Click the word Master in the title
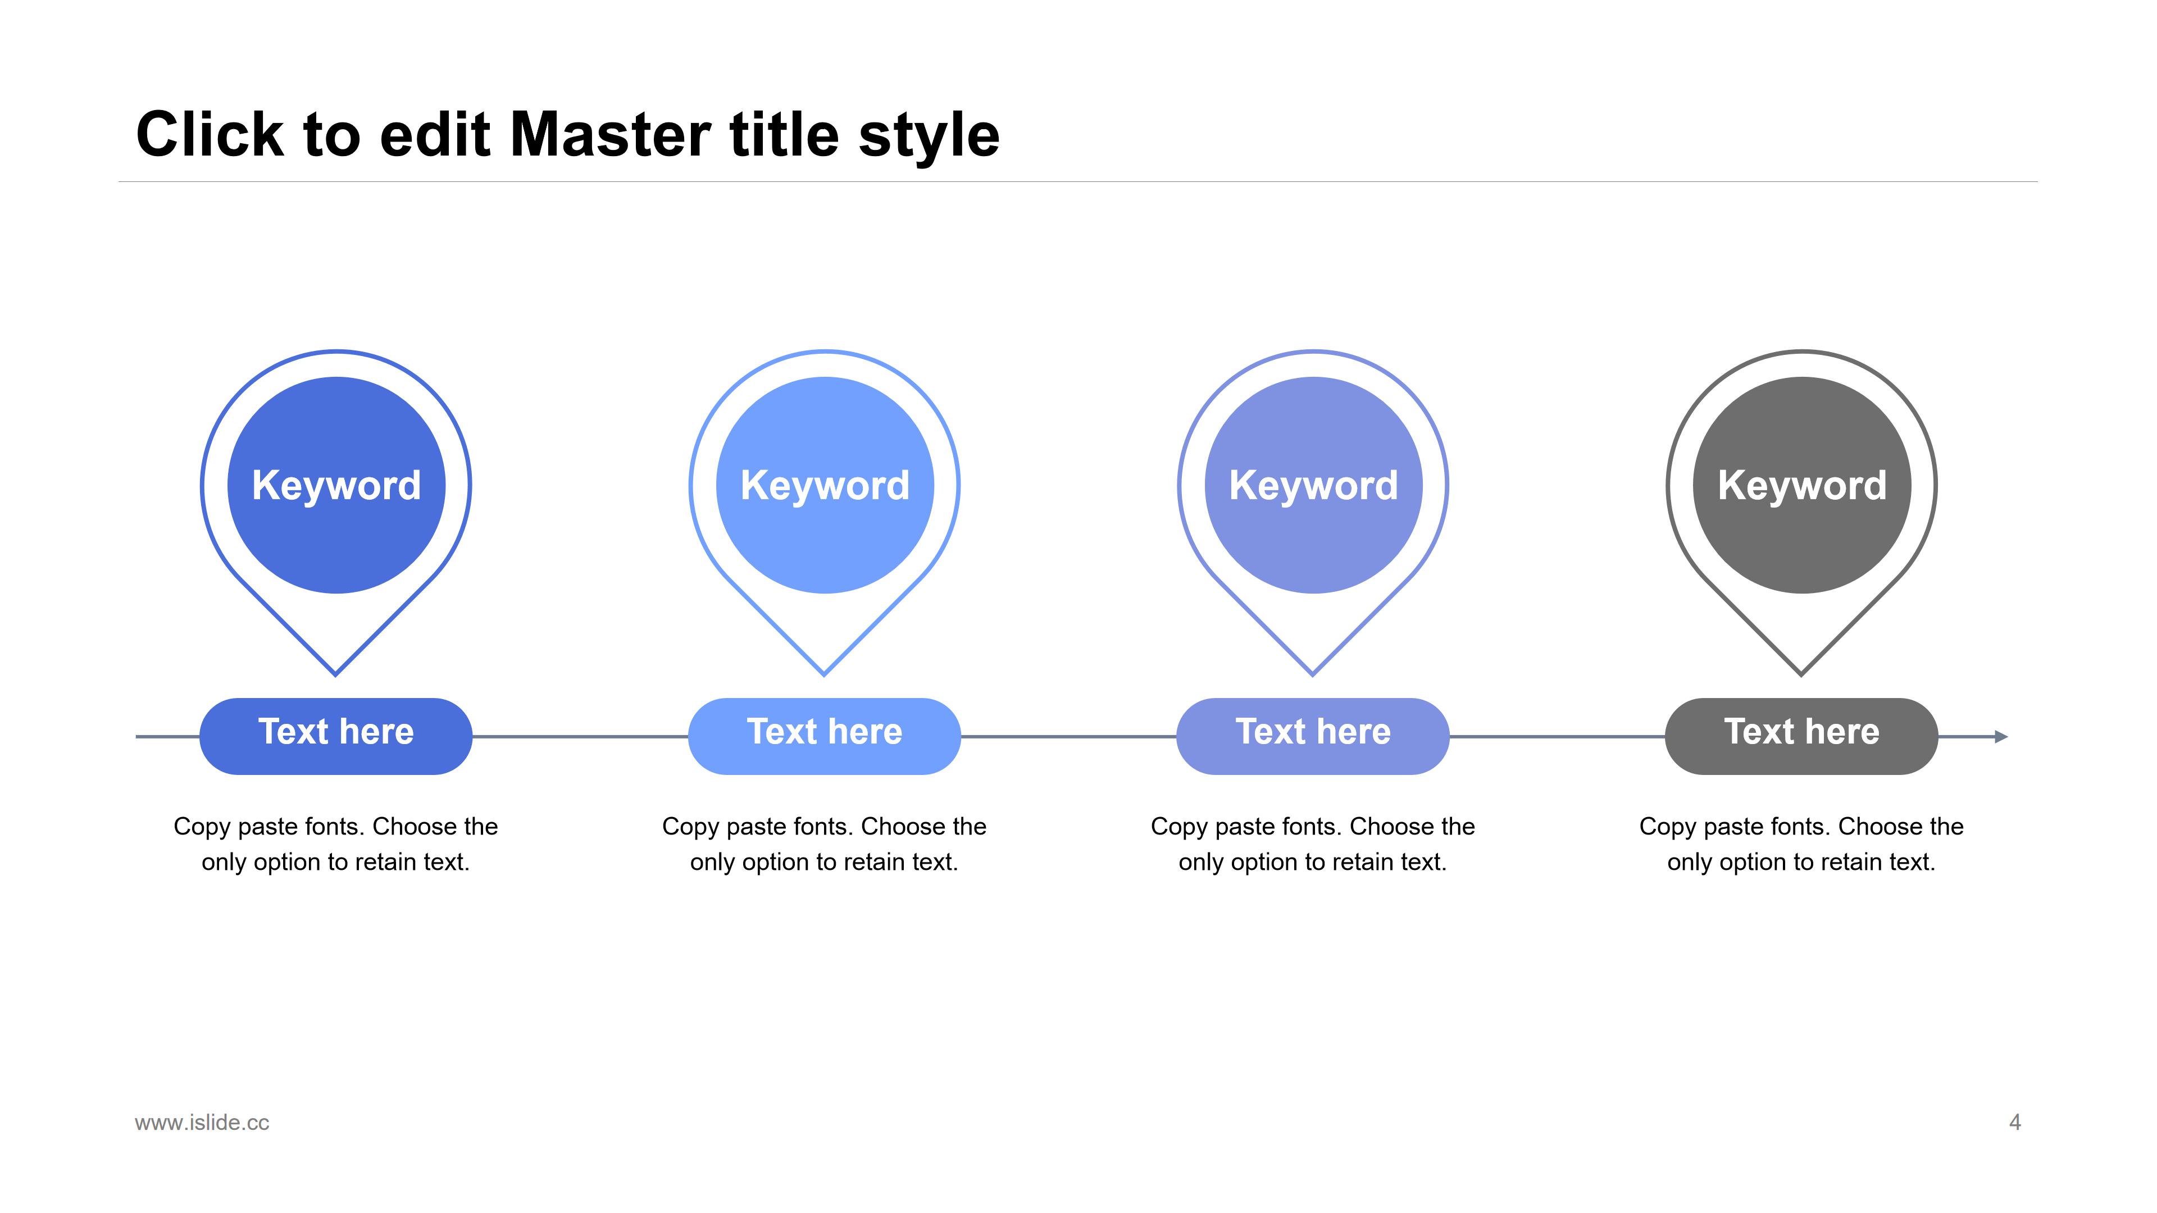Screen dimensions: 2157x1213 pos(611,134)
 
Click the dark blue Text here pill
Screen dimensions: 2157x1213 pos(336,736)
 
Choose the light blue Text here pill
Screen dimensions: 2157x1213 pos(825,736)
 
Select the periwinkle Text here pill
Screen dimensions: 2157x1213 pos(1313,736)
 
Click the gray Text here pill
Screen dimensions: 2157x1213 pos(1802,736)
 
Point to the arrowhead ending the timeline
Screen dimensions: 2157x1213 pos(2002,737)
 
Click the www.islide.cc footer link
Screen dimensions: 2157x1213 pos(202,1123)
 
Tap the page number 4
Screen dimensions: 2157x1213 pos(2015,1123)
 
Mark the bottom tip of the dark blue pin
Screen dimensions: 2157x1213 pos(336,674)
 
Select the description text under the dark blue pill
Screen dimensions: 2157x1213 pos(336,844)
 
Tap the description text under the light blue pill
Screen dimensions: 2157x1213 pos(825,844)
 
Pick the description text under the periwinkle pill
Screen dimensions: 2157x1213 pos(1313,844)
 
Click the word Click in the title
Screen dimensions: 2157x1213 pos(210,134)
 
